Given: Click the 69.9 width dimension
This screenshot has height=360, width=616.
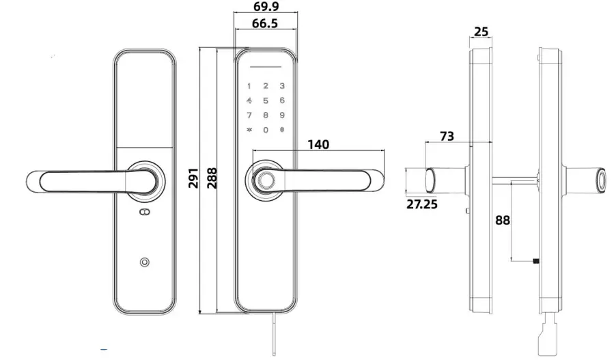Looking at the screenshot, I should pyautogui.click(x=266, y=7).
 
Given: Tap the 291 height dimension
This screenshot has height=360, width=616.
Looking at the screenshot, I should pyautogui.click(x=193, y=180).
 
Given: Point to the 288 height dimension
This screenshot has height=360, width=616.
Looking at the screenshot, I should pyautogui.click(x=211, y=180).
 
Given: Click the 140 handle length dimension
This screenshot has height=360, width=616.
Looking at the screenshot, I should pyautogui.click(x=318, y=145).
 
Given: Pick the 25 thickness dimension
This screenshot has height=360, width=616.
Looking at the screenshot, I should pyautogui.click(x=481, y=31).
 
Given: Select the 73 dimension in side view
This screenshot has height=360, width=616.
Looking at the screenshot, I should pyautogui.click(x=447, y=137).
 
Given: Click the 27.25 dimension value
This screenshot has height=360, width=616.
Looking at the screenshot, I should pyautogui.click(x=422, y=204).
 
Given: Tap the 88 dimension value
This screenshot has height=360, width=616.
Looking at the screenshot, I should pyautogui.click(x=503, y=221).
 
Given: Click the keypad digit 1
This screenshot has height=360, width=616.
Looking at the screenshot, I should pyautogui.click(x=249, y=87).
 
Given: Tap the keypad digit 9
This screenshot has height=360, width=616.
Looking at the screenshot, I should pyautogui.click(x=281, y=115).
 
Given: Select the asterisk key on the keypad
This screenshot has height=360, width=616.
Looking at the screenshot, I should pyautogui.click(x=249, y=130).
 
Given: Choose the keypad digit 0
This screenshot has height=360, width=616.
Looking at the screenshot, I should pyautogui.click(x=266, y=130).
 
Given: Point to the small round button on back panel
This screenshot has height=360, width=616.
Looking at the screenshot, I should pyautogui.click(x=145, y=263).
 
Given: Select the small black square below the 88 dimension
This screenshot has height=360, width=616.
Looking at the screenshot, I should pyautogui.click(x=536, y=261).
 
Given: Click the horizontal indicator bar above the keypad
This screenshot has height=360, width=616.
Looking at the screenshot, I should pyautogui.click(x=266, y=68).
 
